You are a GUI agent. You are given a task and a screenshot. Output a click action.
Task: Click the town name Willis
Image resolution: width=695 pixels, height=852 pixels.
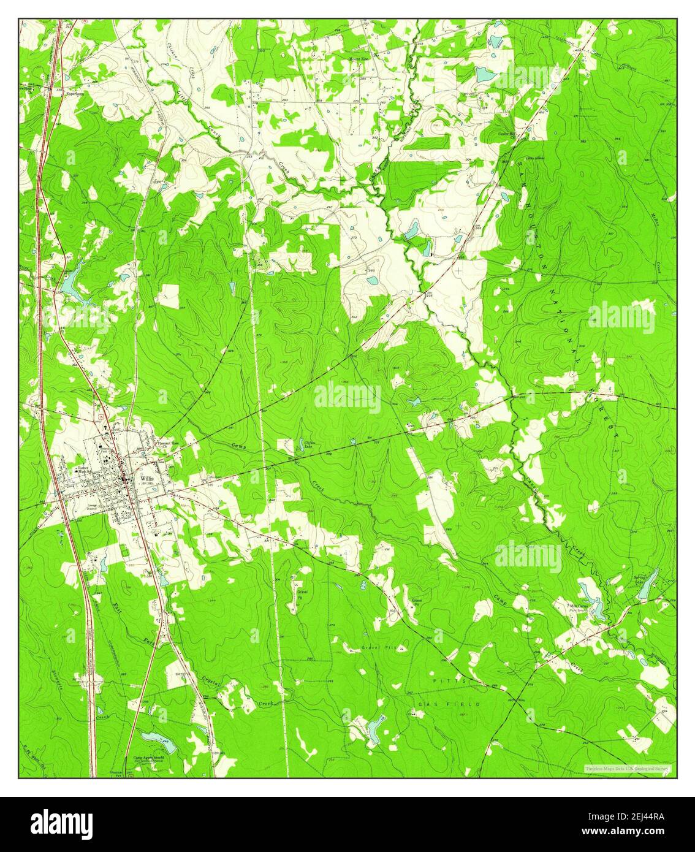(x=146, y=477)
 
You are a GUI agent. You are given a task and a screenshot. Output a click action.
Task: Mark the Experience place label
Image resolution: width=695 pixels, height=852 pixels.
(x=75, y=94)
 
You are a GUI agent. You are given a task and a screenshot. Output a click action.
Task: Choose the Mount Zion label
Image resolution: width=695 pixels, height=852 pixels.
(x=359, y=59)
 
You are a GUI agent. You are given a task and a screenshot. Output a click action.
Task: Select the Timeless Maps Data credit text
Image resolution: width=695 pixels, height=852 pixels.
(x=627, y=768)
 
